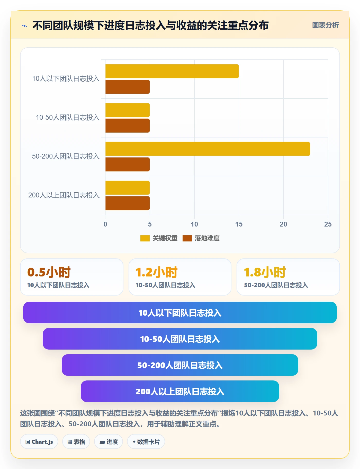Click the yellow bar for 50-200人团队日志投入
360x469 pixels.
[x=208, y=149]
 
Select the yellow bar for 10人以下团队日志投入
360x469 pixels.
[x=172, y=71]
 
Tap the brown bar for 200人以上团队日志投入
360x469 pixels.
[x=128, y=203]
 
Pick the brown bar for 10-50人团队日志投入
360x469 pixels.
[x=128, y=126]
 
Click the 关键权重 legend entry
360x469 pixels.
[x=159, y=238]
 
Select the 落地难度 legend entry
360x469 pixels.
[x=201, y=238]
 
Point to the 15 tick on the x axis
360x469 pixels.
[x=239, y=224]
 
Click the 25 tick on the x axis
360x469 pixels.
[x=328, y=224]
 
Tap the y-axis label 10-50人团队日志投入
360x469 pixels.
[x=68, y=117]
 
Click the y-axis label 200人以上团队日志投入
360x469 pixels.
[x=64, y=195]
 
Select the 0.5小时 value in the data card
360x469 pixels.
[x=49, y=272]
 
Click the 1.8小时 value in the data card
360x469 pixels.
[x=265, y=272]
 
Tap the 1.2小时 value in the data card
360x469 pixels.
[x=157, y=272]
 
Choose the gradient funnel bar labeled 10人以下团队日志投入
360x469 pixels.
[x=180, y=312]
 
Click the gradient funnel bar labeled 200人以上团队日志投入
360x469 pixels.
[x=180, y=391]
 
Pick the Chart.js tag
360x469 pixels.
[x=39, y=442]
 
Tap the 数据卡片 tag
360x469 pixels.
[x=146, y=442]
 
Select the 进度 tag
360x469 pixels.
[x=109, y=442]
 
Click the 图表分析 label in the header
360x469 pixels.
[x=325, y=25]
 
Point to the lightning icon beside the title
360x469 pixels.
[x=24, y=26]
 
